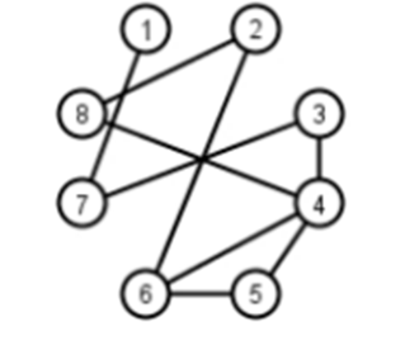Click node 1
(145, 29)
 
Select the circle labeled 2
(256, 29)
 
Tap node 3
(319, 113)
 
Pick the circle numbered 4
(319, 203)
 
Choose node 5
(256, 293)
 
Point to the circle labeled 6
(145, 293)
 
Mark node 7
(82, 203)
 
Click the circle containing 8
(82, 113)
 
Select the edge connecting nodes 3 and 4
(319, 159)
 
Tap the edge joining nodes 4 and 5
(288, 248)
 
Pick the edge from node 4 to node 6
(232, 249)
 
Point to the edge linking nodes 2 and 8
(169, 71)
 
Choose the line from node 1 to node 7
(115, 115)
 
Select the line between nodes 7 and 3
(200, 159)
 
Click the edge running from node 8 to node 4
(202, 159)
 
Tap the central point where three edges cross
(202, 159)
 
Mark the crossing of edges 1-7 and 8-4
(111, 124)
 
